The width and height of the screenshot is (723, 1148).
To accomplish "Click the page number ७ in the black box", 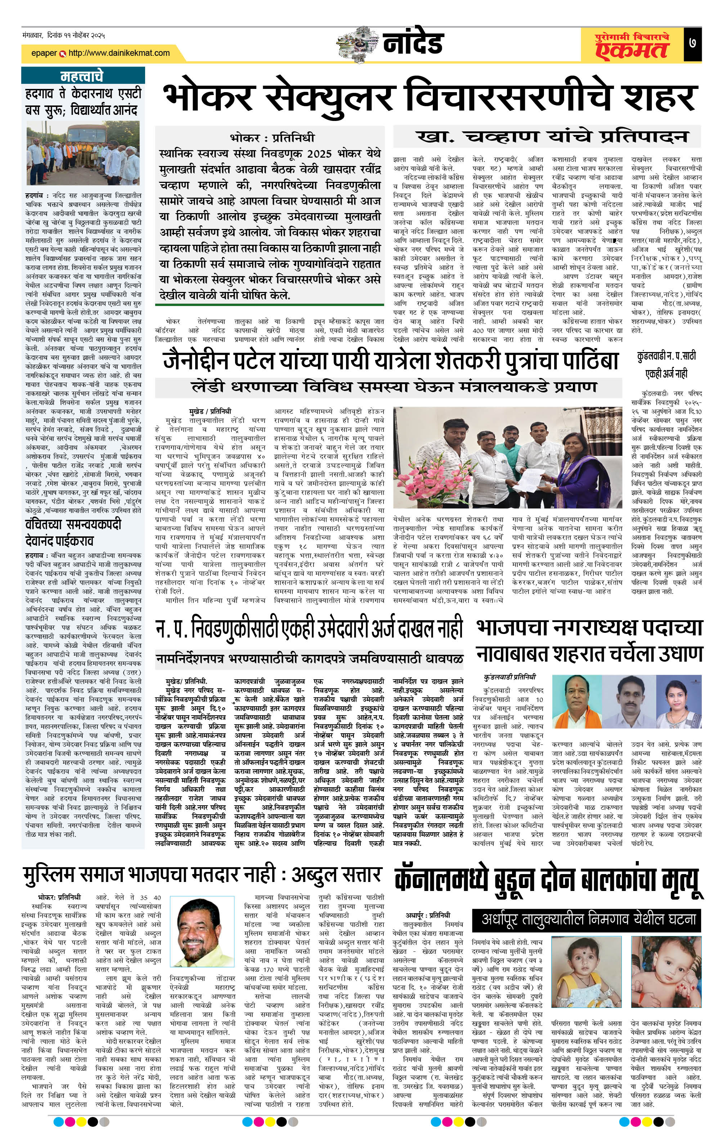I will (x=692, y=44).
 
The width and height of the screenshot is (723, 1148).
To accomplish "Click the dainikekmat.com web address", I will (x=119, y=53).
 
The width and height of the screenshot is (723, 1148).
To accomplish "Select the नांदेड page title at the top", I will (x=413, y=43).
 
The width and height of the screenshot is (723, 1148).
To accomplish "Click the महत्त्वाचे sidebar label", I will (x=82, y=76).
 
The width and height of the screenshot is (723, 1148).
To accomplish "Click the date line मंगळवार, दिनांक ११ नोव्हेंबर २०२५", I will (x=63, y=35).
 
